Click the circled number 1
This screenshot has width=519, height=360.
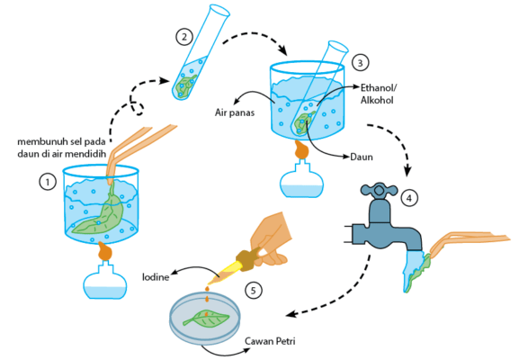(x=48, y=182)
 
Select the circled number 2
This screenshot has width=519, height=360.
(x=184, y=36)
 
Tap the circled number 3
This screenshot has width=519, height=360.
(x=360, y=63)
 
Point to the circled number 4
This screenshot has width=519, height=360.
(x=409, y=198)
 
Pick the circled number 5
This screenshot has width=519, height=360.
(x=254, y=291)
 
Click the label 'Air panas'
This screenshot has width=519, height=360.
(x=235, y=112)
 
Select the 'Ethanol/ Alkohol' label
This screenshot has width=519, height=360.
(x=379, y=94)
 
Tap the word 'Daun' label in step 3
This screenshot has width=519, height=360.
(x=362, y=157)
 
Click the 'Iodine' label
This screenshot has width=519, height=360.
(x=156, y=277)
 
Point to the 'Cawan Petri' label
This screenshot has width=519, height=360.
(x=270, y=341)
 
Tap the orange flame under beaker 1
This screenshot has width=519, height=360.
(x=105, y=251)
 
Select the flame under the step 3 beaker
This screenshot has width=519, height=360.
(x=301, y=149)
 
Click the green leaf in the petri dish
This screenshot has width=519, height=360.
(x=206, y=319)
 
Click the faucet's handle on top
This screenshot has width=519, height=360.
(x=379, y=190)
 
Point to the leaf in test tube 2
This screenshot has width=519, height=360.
(x=185, y=85)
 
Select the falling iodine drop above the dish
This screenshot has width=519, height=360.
(x=207, y=300)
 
